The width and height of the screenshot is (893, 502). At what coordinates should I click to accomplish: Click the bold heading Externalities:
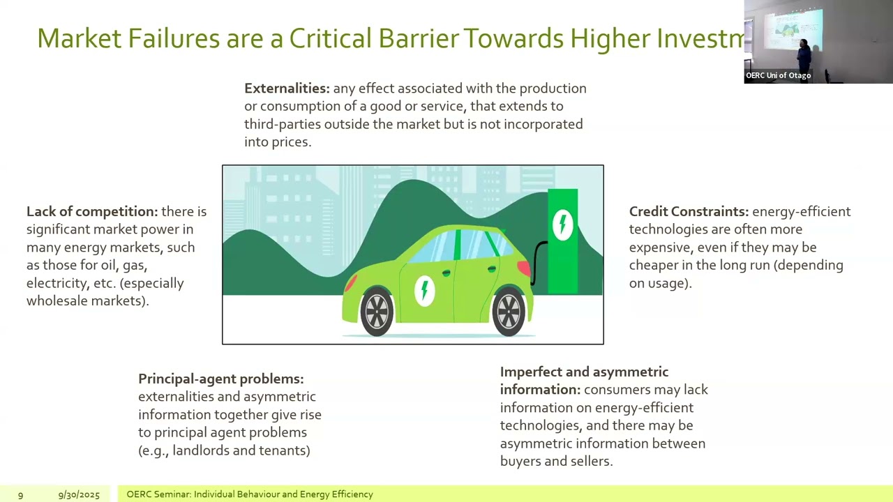pos(287,89)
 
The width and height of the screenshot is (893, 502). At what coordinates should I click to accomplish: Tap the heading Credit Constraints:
pos(689,211)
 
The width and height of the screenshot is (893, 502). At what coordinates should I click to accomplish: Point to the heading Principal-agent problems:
pos(220,379)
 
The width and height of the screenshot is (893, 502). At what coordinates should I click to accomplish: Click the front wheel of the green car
pos(377,312)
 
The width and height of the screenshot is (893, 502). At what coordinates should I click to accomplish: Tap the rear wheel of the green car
pos(508,312)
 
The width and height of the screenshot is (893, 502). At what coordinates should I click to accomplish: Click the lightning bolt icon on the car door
pos(424,290)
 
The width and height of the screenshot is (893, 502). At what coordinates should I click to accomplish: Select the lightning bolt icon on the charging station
pos(562,225)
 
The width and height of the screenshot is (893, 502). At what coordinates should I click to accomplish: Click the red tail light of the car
pos(523,268)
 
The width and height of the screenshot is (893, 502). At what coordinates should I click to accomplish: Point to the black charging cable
pos(536,261)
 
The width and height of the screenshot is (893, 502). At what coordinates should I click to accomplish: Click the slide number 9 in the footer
pos(20,494)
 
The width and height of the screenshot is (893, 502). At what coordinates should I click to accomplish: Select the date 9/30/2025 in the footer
pos(79,494)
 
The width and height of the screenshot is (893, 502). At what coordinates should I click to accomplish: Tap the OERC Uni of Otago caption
pos(778,75)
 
